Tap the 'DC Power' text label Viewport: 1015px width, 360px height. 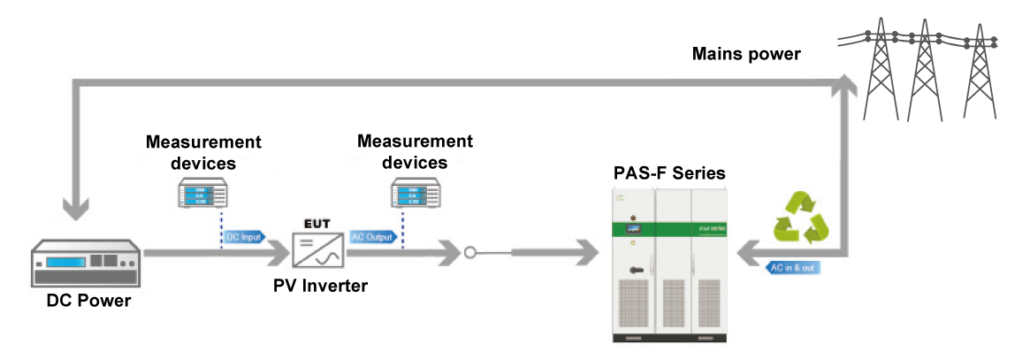89,301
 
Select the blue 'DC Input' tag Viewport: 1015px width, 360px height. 243,237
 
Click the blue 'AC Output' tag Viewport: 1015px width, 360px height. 372,237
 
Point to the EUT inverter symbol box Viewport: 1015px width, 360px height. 319,252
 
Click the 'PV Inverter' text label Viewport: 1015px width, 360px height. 319,286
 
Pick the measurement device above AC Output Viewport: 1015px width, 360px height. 415,194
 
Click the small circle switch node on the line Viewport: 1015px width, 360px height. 469,253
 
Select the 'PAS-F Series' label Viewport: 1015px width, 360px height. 669,172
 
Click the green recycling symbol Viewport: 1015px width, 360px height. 801,218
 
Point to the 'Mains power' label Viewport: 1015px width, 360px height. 746,55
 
